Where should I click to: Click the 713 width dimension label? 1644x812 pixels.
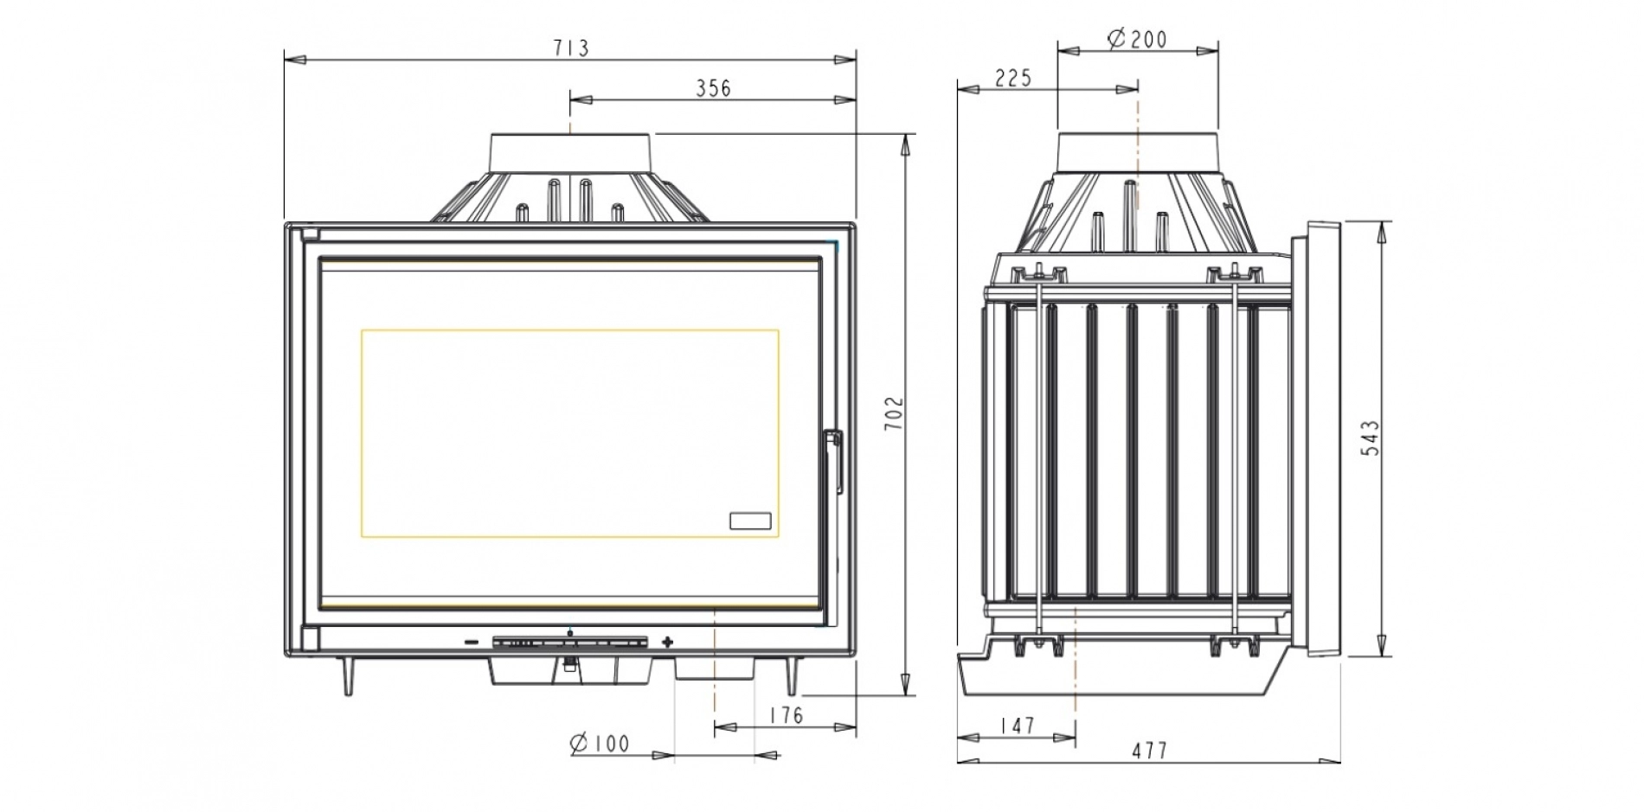[571, 48]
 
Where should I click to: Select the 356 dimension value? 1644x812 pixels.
[713, 88]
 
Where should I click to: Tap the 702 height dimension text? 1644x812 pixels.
[895, 413]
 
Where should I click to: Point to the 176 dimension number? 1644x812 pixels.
[786, 716]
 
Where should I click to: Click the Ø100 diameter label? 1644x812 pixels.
[600, 743]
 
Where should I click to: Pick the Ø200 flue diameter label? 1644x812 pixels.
[1137, 39]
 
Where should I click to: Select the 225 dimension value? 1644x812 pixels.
[1013, 79]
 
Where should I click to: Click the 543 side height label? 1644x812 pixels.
[1371, 438]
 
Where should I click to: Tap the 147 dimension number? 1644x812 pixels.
[1017, 726]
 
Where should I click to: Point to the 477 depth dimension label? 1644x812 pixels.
[1150, 751]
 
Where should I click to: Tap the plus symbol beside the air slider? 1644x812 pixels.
[667, 643]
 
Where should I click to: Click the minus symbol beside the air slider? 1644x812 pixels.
[471, 643]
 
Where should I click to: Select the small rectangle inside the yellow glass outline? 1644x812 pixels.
[750, 521]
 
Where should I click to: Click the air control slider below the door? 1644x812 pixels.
[569, 643]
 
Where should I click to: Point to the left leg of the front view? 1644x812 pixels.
[347, 675]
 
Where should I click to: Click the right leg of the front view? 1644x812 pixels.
[791, 675]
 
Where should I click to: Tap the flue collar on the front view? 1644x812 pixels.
[570, 153]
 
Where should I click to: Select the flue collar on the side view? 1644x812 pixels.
[1137, 153]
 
